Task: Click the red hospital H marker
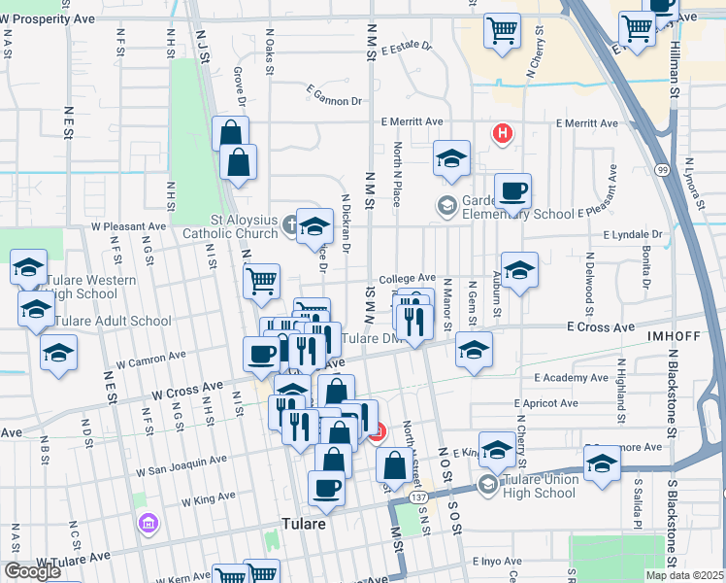point(502,134)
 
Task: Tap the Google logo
point(33,571)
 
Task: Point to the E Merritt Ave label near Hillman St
point(587,123)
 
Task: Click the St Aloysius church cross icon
point(290,226)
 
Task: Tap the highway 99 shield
point(662,170)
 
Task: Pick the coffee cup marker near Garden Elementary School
point(512,191)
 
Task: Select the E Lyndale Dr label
point(632,234)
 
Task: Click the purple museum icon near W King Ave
point(148,525)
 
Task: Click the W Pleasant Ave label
point(129,226)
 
